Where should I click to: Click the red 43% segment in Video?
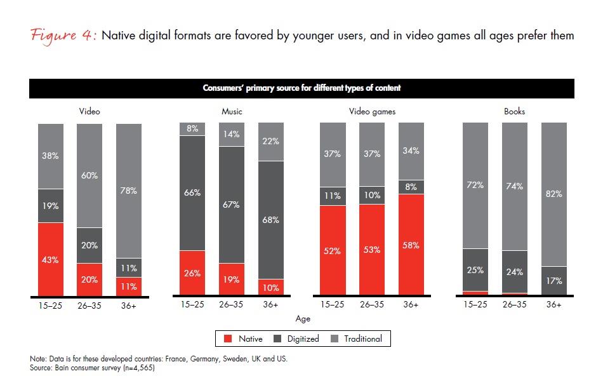(51, 259)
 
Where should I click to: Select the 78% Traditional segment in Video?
(129, 191)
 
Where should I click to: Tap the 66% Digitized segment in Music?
(192, 192)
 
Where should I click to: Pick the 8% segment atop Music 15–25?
(192, 129)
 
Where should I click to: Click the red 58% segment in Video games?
(411, 245)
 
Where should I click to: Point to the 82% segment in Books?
(553, 194)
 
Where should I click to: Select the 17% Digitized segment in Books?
(553, 281)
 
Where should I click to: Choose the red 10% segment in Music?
(271, 287)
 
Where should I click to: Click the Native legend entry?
(244, 339)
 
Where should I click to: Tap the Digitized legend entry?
(296, 339)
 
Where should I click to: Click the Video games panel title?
(372, 112)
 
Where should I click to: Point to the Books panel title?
(514, 112)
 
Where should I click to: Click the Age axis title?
(303, 319)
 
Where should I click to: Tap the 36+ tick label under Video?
(129, 305)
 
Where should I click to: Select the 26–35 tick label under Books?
(514, 305)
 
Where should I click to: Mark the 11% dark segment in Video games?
(333, 196)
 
